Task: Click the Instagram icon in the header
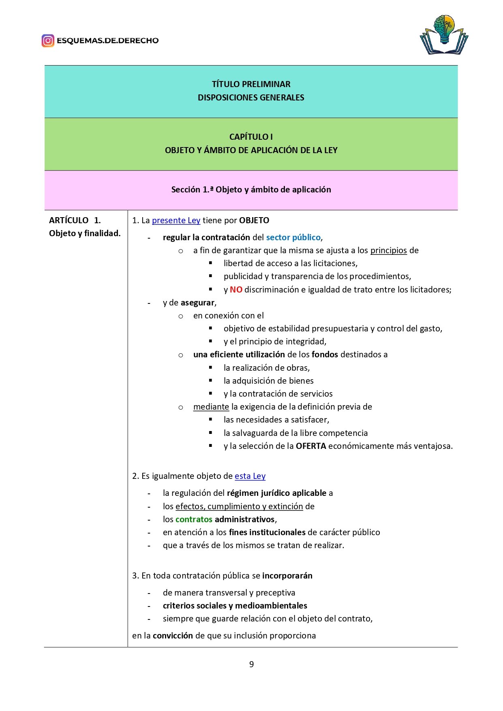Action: [48, 41]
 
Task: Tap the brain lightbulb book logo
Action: [444, 35]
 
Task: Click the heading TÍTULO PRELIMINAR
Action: [251, 84]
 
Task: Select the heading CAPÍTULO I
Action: [251, 137]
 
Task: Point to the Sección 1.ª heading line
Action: [251, 190]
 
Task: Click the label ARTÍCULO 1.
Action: [75, 220]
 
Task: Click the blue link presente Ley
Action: [176, 220]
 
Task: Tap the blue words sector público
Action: [293, 237]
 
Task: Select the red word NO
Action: [236, 290]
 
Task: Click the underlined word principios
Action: [388, 250]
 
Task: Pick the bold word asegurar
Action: [197, 303]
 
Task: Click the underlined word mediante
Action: [211, 407]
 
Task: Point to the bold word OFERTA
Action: [311, 446]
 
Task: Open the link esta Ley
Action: [250, 476]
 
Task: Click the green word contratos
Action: [194, 519]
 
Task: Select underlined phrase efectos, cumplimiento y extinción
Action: [239, 506]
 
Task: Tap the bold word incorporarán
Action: [287, 576]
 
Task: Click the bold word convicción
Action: [173, 636]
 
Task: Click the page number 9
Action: [251, 664]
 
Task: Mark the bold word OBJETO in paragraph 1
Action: [254, 220]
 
